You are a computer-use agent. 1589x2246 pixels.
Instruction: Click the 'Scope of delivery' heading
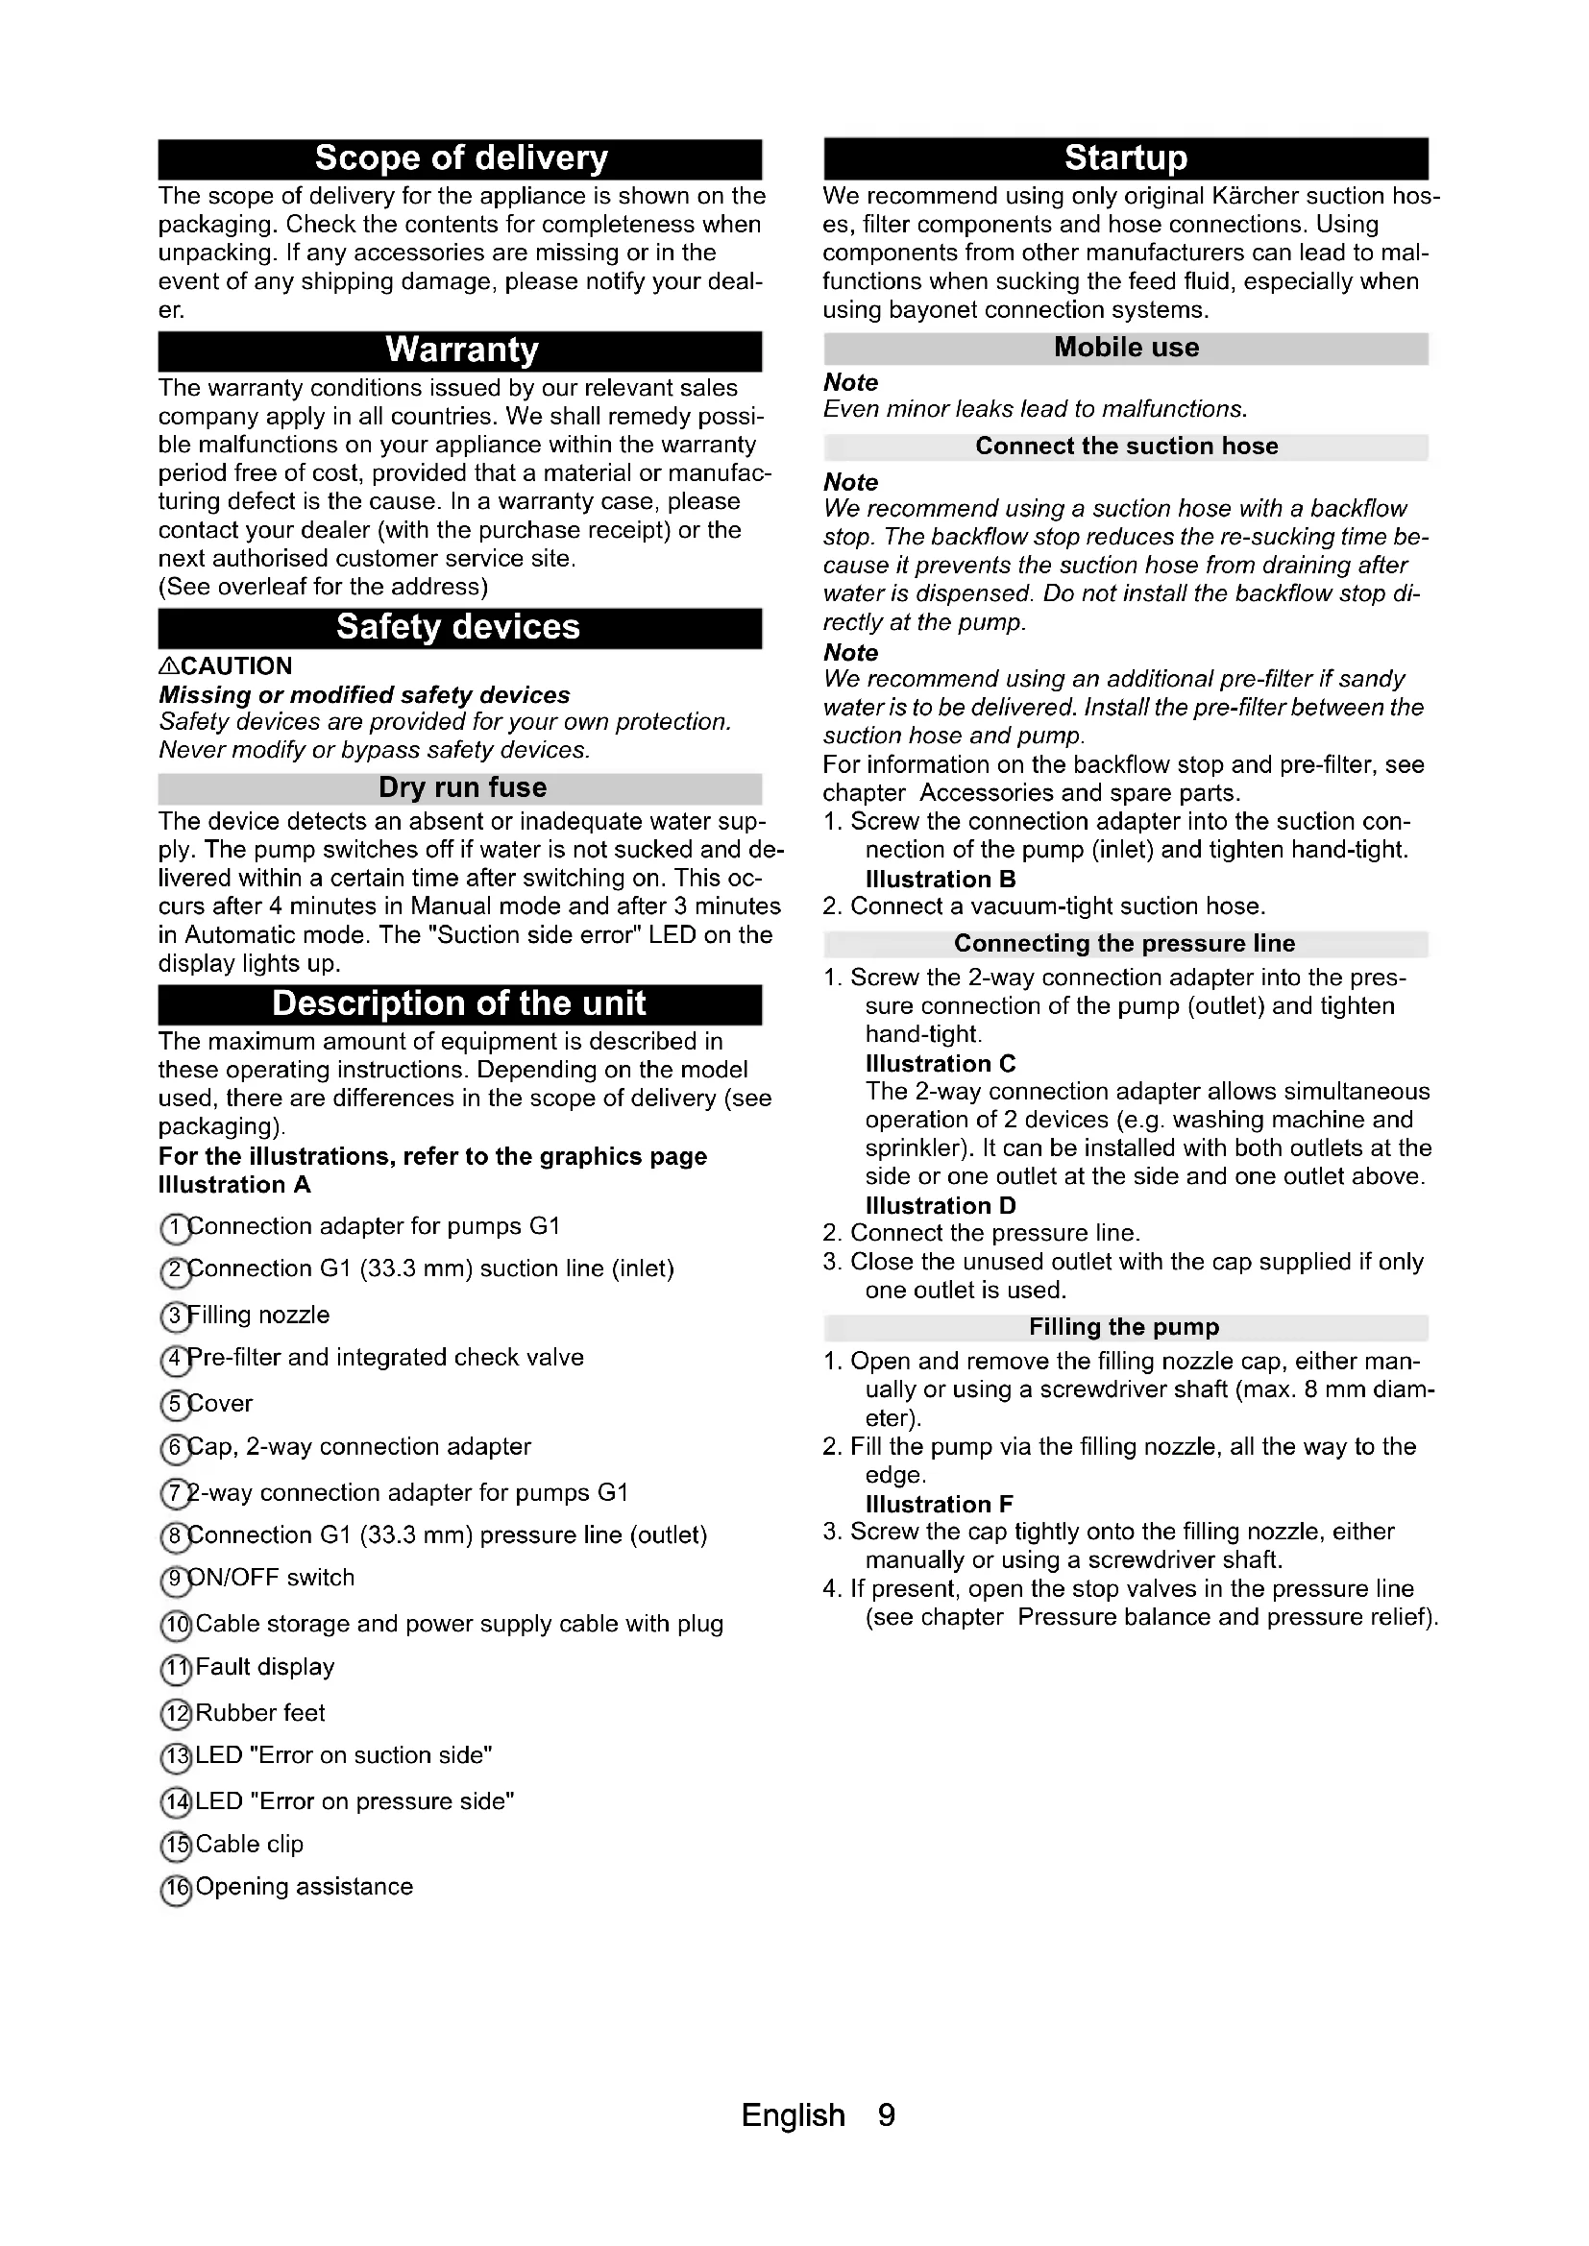(461, 158)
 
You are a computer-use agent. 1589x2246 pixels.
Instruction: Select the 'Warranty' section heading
(461, 350)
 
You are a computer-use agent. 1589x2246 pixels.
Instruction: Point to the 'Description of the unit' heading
(459, 1003)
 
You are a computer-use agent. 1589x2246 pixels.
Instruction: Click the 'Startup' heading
(1125, 158)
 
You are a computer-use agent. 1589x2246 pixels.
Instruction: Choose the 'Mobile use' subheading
(1126, 349)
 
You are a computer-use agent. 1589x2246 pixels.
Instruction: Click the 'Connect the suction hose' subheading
(1126, 447)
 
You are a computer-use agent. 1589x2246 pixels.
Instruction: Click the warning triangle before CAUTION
(168, 666)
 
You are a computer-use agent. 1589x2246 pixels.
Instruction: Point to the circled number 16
(176, 1889)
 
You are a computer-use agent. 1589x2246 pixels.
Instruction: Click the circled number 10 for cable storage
(176, 1626)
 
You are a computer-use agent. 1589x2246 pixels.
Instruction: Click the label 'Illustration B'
(941, 879)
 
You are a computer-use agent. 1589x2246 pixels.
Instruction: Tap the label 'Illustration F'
(939, 1504)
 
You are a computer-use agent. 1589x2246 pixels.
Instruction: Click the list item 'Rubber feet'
(259, 1712)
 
